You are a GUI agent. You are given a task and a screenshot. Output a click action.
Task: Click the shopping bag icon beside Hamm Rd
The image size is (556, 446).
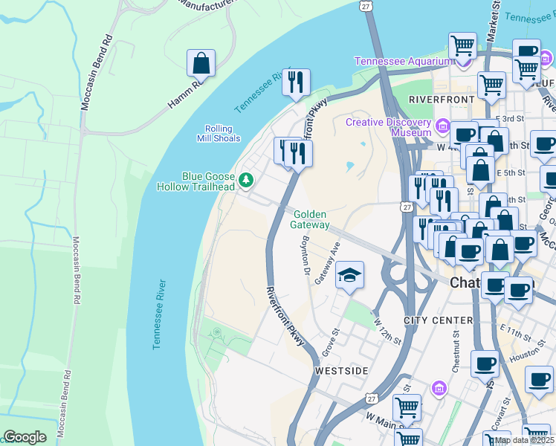click(x=201, y=64)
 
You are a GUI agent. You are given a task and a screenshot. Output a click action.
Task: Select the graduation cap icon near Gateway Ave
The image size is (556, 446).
click(x=349, y=276)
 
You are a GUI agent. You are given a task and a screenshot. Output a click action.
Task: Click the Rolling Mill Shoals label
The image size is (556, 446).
click(x=219, y=133)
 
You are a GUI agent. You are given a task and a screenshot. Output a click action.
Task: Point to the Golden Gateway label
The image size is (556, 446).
click(x=310, y=219)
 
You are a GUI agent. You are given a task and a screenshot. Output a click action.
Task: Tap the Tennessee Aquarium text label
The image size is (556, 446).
click(x=403, y=61)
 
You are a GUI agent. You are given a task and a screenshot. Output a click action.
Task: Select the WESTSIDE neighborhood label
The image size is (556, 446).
click(x=341, y=369)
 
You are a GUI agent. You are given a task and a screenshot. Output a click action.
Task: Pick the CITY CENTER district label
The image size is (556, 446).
click(x=438, y=320)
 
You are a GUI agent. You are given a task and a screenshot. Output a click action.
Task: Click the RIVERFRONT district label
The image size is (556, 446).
click(x=442, y=99)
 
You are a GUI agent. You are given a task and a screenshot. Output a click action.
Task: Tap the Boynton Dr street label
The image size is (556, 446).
click(x=304, y=259)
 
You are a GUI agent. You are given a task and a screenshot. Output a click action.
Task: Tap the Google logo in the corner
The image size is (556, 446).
click(x=25, y=437)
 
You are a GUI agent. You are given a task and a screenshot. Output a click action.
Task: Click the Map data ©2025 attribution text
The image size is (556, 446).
click(x=523, y=440)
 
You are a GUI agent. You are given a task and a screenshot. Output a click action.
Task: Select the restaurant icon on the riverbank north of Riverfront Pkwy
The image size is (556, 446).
click(x=296, y=83)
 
